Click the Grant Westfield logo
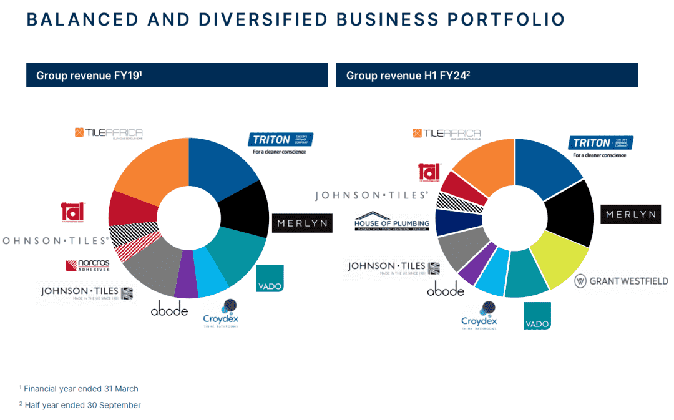coord(621,281)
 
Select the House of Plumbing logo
coord(392,222)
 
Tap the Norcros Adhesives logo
coord(87,265)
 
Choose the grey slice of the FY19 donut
coord(153,270)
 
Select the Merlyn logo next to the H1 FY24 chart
coord(630,214)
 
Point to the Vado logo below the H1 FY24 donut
coord(537,315)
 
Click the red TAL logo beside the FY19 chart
coord(72,211)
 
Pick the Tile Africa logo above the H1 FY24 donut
coord(447,134)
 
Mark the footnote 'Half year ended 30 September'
coord(82,405)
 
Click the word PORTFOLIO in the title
coord(504,19)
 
